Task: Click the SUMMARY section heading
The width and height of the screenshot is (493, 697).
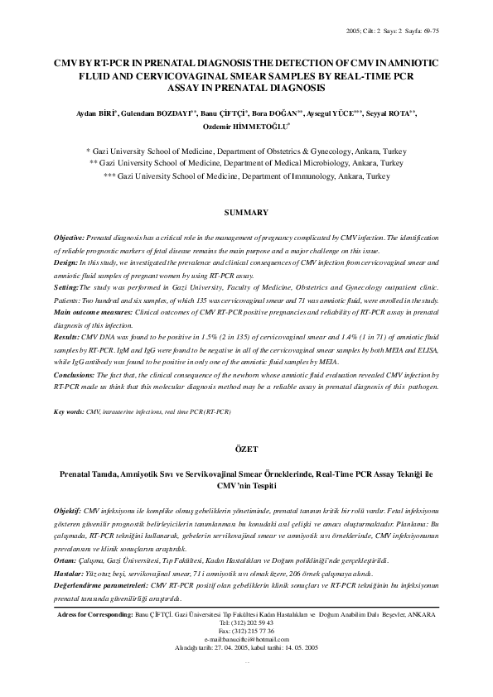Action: (246, 213)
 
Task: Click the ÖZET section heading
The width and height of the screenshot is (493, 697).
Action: (246, 448)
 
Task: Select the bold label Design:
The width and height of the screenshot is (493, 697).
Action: (66, 262)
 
